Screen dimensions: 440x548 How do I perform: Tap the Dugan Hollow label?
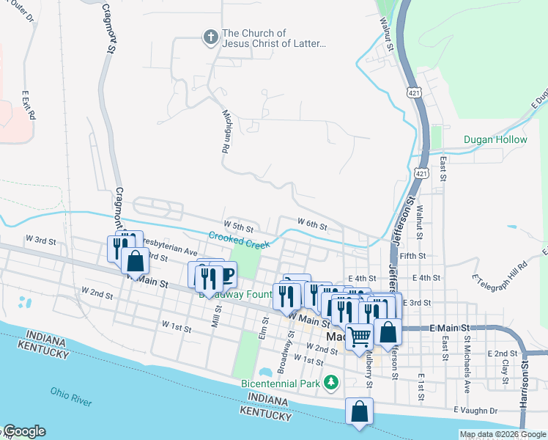pos(495,139)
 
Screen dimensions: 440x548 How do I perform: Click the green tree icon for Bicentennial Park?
pos(332,382)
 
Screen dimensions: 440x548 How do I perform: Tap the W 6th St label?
pos(311,222)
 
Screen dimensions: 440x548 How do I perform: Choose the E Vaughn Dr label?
pos(476,410)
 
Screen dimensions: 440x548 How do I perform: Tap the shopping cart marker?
pos(359,337)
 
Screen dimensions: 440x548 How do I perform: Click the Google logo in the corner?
pos(24,431)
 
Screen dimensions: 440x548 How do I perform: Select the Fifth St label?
pos(412,256)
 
